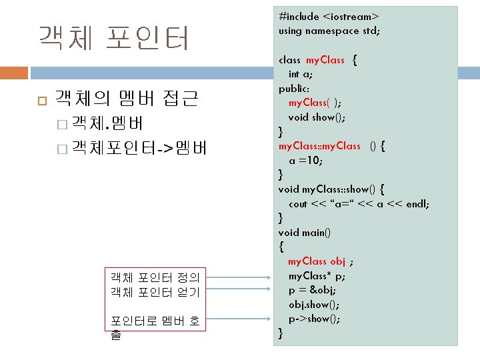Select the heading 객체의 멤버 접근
[x=126, y=100]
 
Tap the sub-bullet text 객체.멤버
[x=107, y=123]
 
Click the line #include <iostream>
[x=329, y=15]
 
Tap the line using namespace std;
[x=329, y=30]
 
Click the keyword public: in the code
[x=294, y=88]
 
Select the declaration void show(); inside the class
[x=317, y=117]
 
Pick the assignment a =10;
[x=306, y=161]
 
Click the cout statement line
[x=359, y=204]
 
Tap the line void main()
[x=305, y=233]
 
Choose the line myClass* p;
[x=317, y=276]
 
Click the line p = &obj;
[x=312, y=291]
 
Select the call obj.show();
[x=313, y=305]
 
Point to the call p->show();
[x=314, y=319]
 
